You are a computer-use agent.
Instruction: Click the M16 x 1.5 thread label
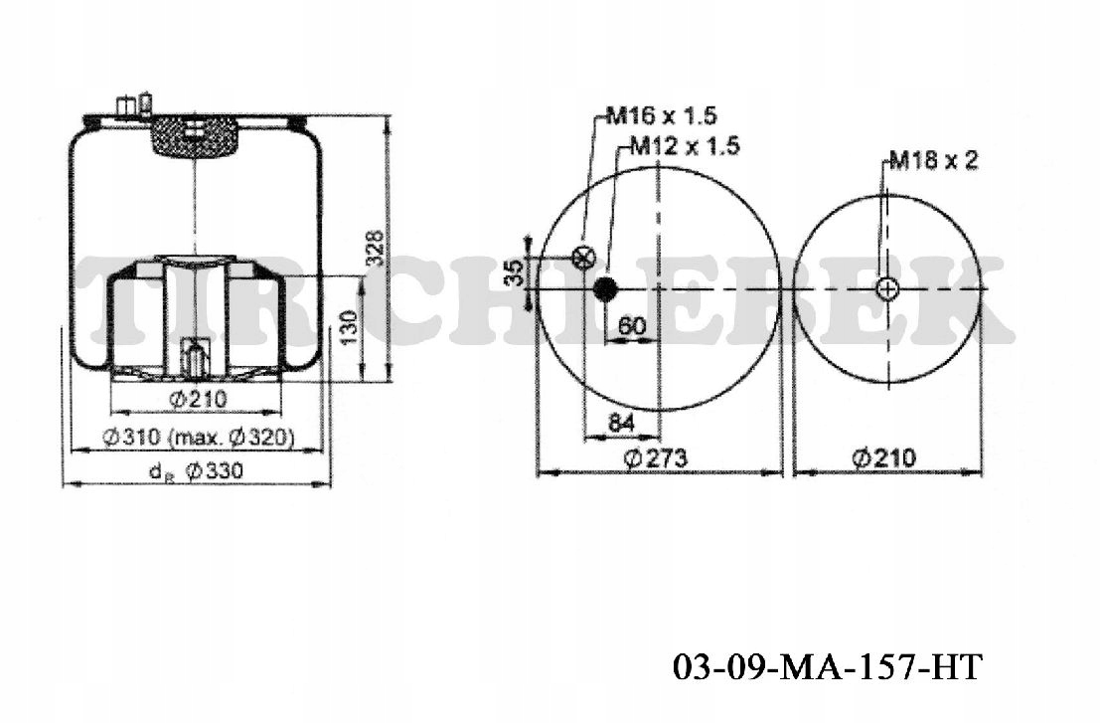pyautogui.click(x=661, y=116)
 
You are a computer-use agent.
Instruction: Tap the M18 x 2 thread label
pyautogui.click(x=933, y=160)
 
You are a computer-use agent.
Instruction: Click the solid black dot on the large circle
pyautogui.click(x=604, y=289)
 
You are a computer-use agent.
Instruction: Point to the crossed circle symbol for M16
pyautogui.click(x=584, y=257)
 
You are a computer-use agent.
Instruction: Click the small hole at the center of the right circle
pyautogui.click(x=886, y=289)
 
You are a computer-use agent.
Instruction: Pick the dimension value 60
pyautogui.click(x=633, y=324)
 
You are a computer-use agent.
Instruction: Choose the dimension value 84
pyautogui.click(x=621, y=422)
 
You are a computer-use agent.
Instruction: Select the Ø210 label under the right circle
pyautogui.click(x=885, y=457)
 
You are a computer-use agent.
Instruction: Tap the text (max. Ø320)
pyautogui.click(x=231, y=437)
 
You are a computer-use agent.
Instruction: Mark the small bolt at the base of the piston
pyautogui.click(x=195, y=358)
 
